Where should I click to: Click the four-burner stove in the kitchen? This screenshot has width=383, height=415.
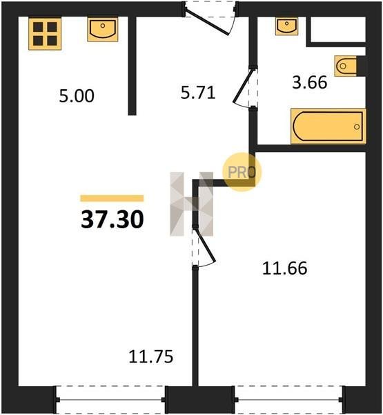tap(45, 34)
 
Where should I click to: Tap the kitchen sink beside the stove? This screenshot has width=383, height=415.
tap(103, 30)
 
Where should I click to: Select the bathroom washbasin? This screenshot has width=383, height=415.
tap(286, 26)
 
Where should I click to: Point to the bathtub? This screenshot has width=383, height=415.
tap(328, 127)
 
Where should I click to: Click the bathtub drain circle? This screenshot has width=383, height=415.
tap(357, 127)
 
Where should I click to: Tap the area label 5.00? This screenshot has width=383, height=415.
tap(77, 96)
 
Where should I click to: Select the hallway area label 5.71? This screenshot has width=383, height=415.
tap(198, 93)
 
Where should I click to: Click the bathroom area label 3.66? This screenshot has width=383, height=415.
tap(310, 82)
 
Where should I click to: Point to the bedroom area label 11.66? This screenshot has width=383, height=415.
tap(285, 268)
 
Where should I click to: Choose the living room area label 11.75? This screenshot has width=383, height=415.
tap(151, 356)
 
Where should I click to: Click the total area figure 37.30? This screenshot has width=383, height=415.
tap(112, 219)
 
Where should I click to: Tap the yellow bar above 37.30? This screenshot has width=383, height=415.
tap(112, 199)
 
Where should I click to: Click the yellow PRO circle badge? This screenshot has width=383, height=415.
tap(242, 172)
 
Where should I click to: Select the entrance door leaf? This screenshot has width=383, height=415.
tap(207, 22)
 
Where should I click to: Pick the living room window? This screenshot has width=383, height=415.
tap(110, 400)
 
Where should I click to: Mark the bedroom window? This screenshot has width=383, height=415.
tap(290, 400)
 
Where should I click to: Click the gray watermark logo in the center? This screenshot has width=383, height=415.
tap(192, 204)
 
